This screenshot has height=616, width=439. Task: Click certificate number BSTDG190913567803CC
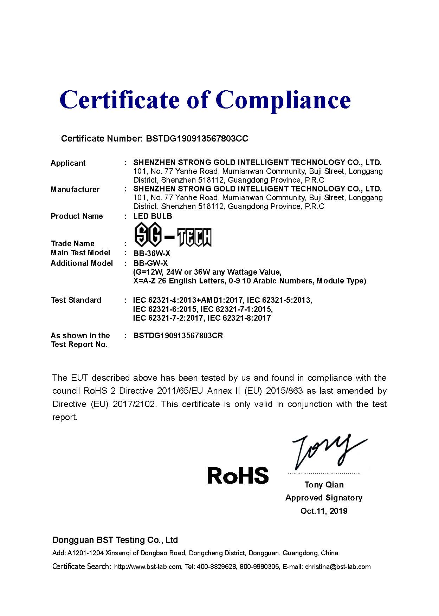tap(196, 138)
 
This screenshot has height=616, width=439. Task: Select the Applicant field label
tap(68, 163)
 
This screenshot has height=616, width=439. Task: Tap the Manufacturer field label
tap(75, 189)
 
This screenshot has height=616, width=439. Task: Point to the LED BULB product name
tap(153, 216)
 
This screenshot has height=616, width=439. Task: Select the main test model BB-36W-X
tap(151, 253)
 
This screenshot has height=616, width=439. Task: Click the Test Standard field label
tap(76, 300)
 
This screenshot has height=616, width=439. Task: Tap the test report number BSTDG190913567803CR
tap(178, 335)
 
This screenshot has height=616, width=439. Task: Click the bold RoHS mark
tap(238, 475)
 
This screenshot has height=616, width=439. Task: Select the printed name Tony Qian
tap(324, 485)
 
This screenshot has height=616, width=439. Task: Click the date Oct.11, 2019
tap(324, 511)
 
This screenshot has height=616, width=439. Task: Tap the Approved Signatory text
tap(324, 498)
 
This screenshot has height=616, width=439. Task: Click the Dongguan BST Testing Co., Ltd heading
tap(115, 540)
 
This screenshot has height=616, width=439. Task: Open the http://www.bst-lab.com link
tap(148, 566)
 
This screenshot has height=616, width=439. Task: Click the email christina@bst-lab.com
tap(337, 566)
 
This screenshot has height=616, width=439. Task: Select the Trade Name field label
tap(72, 243)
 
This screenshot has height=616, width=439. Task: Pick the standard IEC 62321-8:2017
tap(239, 318)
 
